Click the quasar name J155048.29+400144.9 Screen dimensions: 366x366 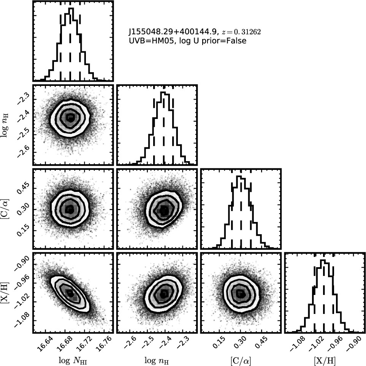172,32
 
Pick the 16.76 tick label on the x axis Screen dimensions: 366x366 103,344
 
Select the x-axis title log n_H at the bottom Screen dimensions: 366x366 157,361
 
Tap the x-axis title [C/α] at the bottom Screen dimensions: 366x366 241,361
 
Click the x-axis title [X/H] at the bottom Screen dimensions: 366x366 324,361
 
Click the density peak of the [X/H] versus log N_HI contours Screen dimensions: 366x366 70,293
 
